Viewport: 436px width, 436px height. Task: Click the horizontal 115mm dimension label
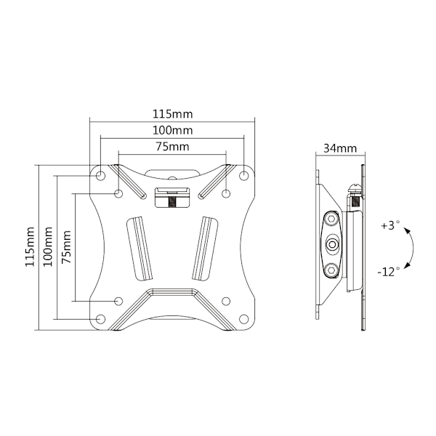coord(172,114)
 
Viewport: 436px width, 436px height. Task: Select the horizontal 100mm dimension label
coord(172,130)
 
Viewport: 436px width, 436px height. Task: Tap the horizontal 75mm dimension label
coord(172,147)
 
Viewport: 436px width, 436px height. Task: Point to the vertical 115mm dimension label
coord(30,247)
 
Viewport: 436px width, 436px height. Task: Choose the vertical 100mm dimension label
coord(47,247)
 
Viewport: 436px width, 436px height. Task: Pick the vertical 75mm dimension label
coord(66,247)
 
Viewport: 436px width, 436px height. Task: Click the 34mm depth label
coord(340,148)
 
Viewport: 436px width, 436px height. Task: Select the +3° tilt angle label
coord(390,225)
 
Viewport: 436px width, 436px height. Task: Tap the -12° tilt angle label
coord(389,271)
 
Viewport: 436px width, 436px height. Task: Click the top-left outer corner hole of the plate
coord(100,175)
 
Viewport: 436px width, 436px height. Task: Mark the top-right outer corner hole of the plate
coord(244,175)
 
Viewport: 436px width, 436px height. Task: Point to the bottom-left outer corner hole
coord(100,319)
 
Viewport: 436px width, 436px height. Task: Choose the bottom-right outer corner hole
coord(244,319)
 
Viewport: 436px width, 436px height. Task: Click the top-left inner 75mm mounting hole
coord(118,193)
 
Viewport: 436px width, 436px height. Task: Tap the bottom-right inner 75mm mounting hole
coord(226,301)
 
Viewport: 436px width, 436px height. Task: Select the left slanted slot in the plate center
coord(140,249)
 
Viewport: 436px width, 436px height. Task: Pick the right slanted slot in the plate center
coord(205,249)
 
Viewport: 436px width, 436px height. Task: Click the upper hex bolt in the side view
coord(332,219)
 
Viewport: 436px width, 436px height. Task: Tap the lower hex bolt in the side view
coord(332,270)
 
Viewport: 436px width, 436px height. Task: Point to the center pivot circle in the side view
coord(332,244)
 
